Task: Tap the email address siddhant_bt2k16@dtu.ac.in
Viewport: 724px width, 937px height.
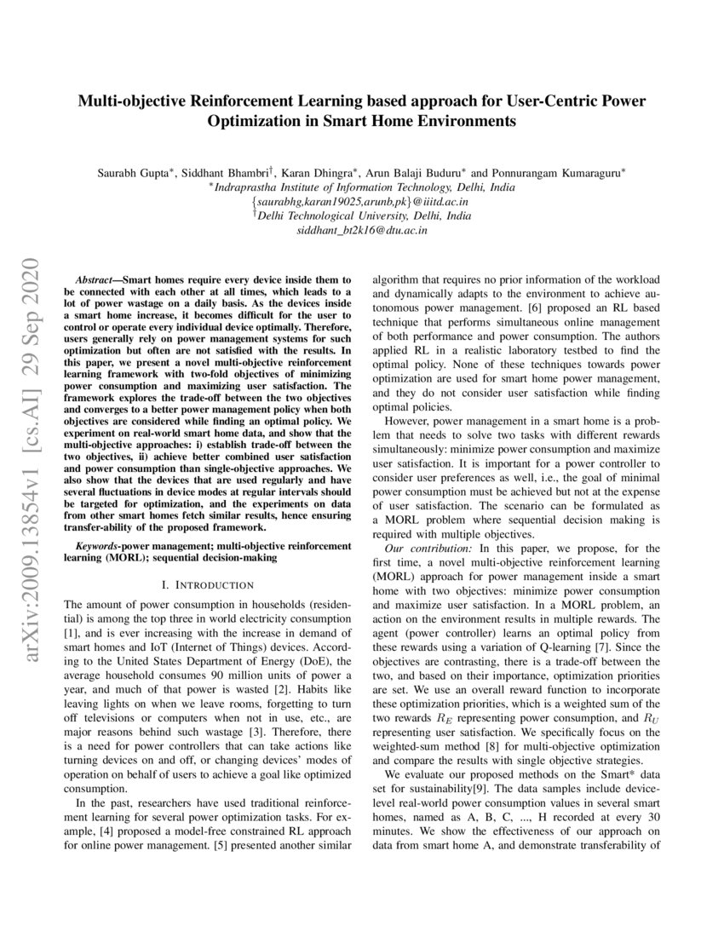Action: click(x=361, y=230)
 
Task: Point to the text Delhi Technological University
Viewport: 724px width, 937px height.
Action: click(x=365, y=216)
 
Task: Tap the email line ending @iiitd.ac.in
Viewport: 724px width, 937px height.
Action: click(x=361, y=202)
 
